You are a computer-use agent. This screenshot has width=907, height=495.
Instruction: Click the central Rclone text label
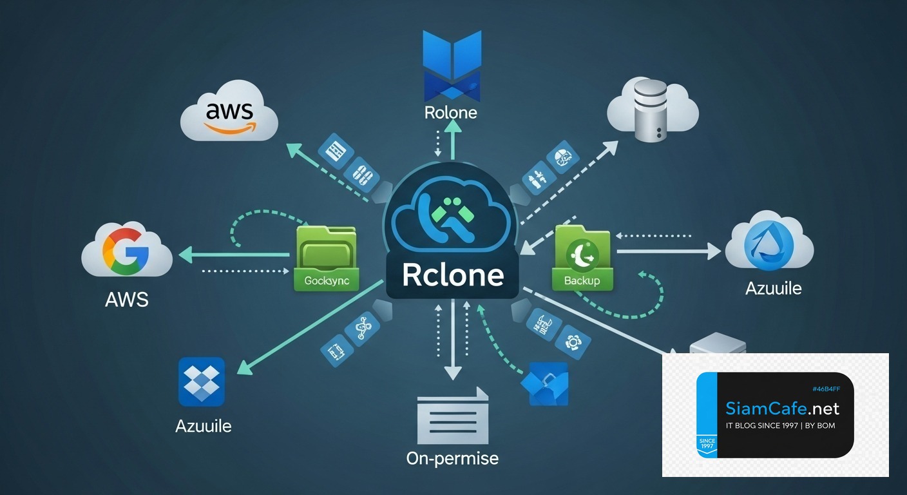click(x=452, y=275)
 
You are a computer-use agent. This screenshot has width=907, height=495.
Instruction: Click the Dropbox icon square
click(x=201, y=382)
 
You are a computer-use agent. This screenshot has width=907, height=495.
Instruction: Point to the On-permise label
click(x=452, y=458)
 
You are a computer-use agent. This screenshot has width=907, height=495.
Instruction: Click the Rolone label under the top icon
click(x=451, y=112)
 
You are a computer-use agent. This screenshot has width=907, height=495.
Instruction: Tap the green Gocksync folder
click(x=325, y=257)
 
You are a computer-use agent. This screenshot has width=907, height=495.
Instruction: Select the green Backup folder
click(x=582, y=257)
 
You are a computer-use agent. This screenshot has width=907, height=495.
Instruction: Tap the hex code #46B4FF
click(x=826, y=389)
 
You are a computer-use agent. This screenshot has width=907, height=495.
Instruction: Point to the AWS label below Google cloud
click(x=126, y=299)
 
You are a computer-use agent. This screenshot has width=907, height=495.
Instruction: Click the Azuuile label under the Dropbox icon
click(x=203, y=426)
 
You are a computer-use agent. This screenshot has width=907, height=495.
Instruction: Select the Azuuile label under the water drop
click(x=773, y=288)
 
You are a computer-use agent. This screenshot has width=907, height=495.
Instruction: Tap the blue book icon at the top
click(x=452, y=64)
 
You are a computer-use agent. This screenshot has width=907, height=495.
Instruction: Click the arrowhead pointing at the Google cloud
click(x=184, y=255)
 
